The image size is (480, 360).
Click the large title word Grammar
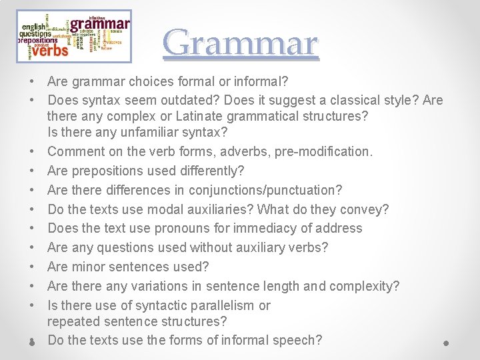[241, 43]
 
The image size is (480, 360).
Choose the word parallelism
[217, 305]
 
